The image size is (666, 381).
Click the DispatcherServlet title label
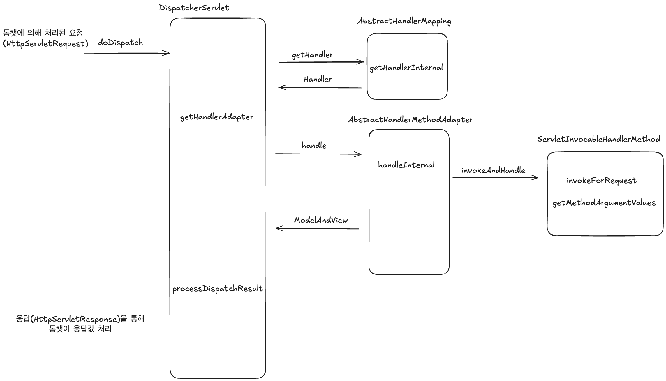pyautogui.click(x=194, y=8)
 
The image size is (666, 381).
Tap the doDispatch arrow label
pyautogui.click(x=120, y=43)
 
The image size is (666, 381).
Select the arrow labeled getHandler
pyautogui.click(x=320, y=62)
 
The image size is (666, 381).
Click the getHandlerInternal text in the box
pyautogui.click(x=406, y=68)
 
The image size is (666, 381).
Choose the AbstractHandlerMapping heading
pyautogui.click(x=404, y=21)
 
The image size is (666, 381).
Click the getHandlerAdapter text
pyautogui.click(x=217, y=117)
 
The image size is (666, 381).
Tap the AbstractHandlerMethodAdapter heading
pyautogui.click(x=410, y=120)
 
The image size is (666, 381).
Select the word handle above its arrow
pyautogui.click(x=314, y=145)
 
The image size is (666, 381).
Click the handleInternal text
pyautogui.click(x=406, y=165)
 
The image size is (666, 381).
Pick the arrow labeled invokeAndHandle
pyautogui.click(x=495, y=177)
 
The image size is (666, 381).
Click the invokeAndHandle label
pyautogui.click(x=493, y=170)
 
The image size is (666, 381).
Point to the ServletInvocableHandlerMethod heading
pyautogui.click(x=599, y=139)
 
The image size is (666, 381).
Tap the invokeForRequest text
pyautogui.click(x=601, y=181)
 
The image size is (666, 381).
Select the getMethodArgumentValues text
pyautogui.click(x=604, y=203)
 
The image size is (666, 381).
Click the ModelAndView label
pyautogui.click(x=321, y=220)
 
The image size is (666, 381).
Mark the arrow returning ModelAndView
pyautogui.click(x=318, y=229)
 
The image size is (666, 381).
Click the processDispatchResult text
pyautogui.click(x=218, y=289)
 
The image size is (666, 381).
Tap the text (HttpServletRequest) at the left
pyautogui.click(x=45, y=44)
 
